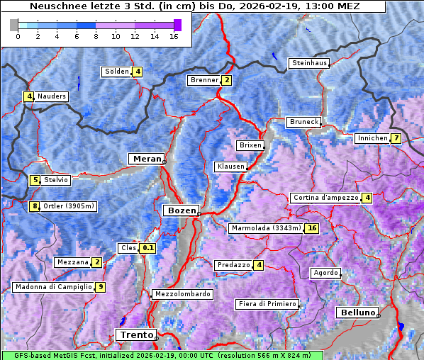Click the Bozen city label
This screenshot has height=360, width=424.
(x=180, y=210)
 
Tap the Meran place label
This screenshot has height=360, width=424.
(x=145, y=159)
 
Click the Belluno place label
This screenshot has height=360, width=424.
(x=357, y=312)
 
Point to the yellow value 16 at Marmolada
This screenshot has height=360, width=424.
(x=312, y=228)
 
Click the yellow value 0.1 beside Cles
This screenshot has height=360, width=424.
(x=147, y=248)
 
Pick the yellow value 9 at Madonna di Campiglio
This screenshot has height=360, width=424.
(x=101, y=287)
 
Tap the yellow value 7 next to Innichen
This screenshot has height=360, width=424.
(x=396, y=138)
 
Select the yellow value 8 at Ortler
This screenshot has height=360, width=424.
(x=34, y=207)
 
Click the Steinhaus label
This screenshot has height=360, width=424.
(x=310, y=63)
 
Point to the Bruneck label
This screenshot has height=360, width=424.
(x=303, y=122)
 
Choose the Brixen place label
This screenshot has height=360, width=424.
(x=250, y=145)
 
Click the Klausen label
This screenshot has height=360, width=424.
(x=230, y=167)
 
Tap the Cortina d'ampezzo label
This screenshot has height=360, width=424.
(x=325, y=198)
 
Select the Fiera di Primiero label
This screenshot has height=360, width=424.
(x=267, y=304)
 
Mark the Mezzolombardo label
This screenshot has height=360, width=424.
(x=182, y=294)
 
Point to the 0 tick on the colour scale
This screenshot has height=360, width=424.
(x=18, y=36)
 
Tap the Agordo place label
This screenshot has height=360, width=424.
(x=325, y=273)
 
